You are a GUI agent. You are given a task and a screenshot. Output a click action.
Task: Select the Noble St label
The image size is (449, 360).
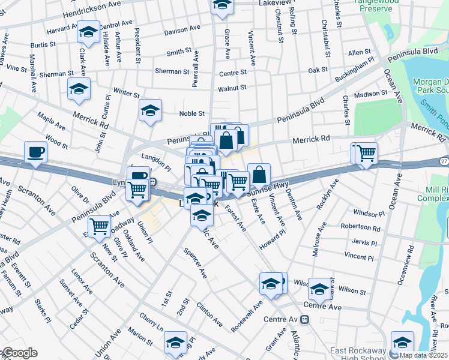192,113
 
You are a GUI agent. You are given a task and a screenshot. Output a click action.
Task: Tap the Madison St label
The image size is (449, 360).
371,94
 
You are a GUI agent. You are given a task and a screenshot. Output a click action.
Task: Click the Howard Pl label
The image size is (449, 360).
272,239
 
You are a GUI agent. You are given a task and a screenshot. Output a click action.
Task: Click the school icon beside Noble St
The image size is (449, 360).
151,110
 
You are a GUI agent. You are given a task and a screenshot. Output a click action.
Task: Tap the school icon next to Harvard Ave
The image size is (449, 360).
88,32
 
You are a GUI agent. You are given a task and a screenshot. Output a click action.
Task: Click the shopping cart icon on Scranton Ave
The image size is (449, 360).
99,227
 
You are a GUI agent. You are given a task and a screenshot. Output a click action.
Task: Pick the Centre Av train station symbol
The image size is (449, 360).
306,320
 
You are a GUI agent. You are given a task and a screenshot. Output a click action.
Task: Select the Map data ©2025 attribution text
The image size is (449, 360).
423,355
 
